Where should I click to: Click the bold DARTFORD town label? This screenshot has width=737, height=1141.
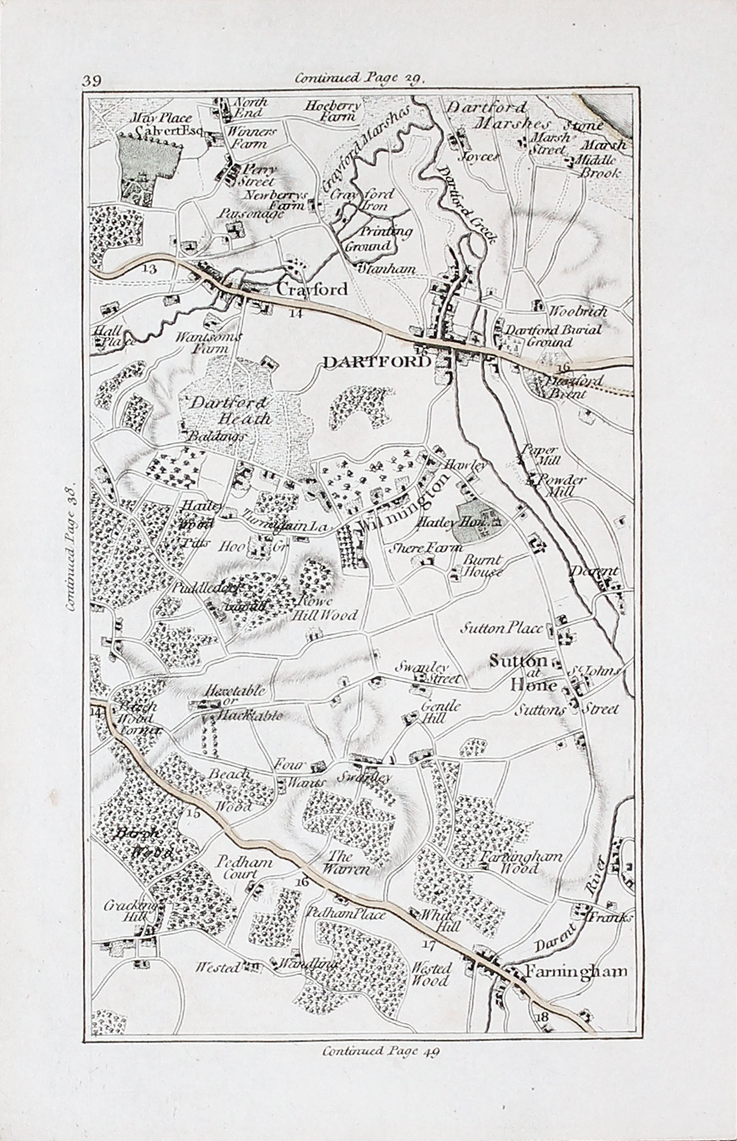[x=376, y=361]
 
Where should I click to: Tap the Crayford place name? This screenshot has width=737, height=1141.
[x=311, y=289]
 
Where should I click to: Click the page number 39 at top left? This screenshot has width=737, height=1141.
[x=91, y=80]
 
